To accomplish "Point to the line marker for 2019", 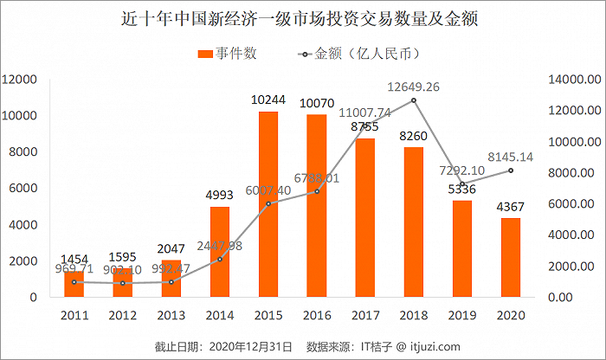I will (x=462, y=183).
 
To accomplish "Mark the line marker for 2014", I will (x=220, y=259).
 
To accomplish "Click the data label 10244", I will (x=268, y=100).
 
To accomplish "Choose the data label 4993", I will (x=220, y=196).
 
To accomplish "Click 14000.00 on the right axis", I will (x=572, y=80).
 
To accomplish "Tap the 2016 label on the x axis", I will (x=317, y=315).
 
